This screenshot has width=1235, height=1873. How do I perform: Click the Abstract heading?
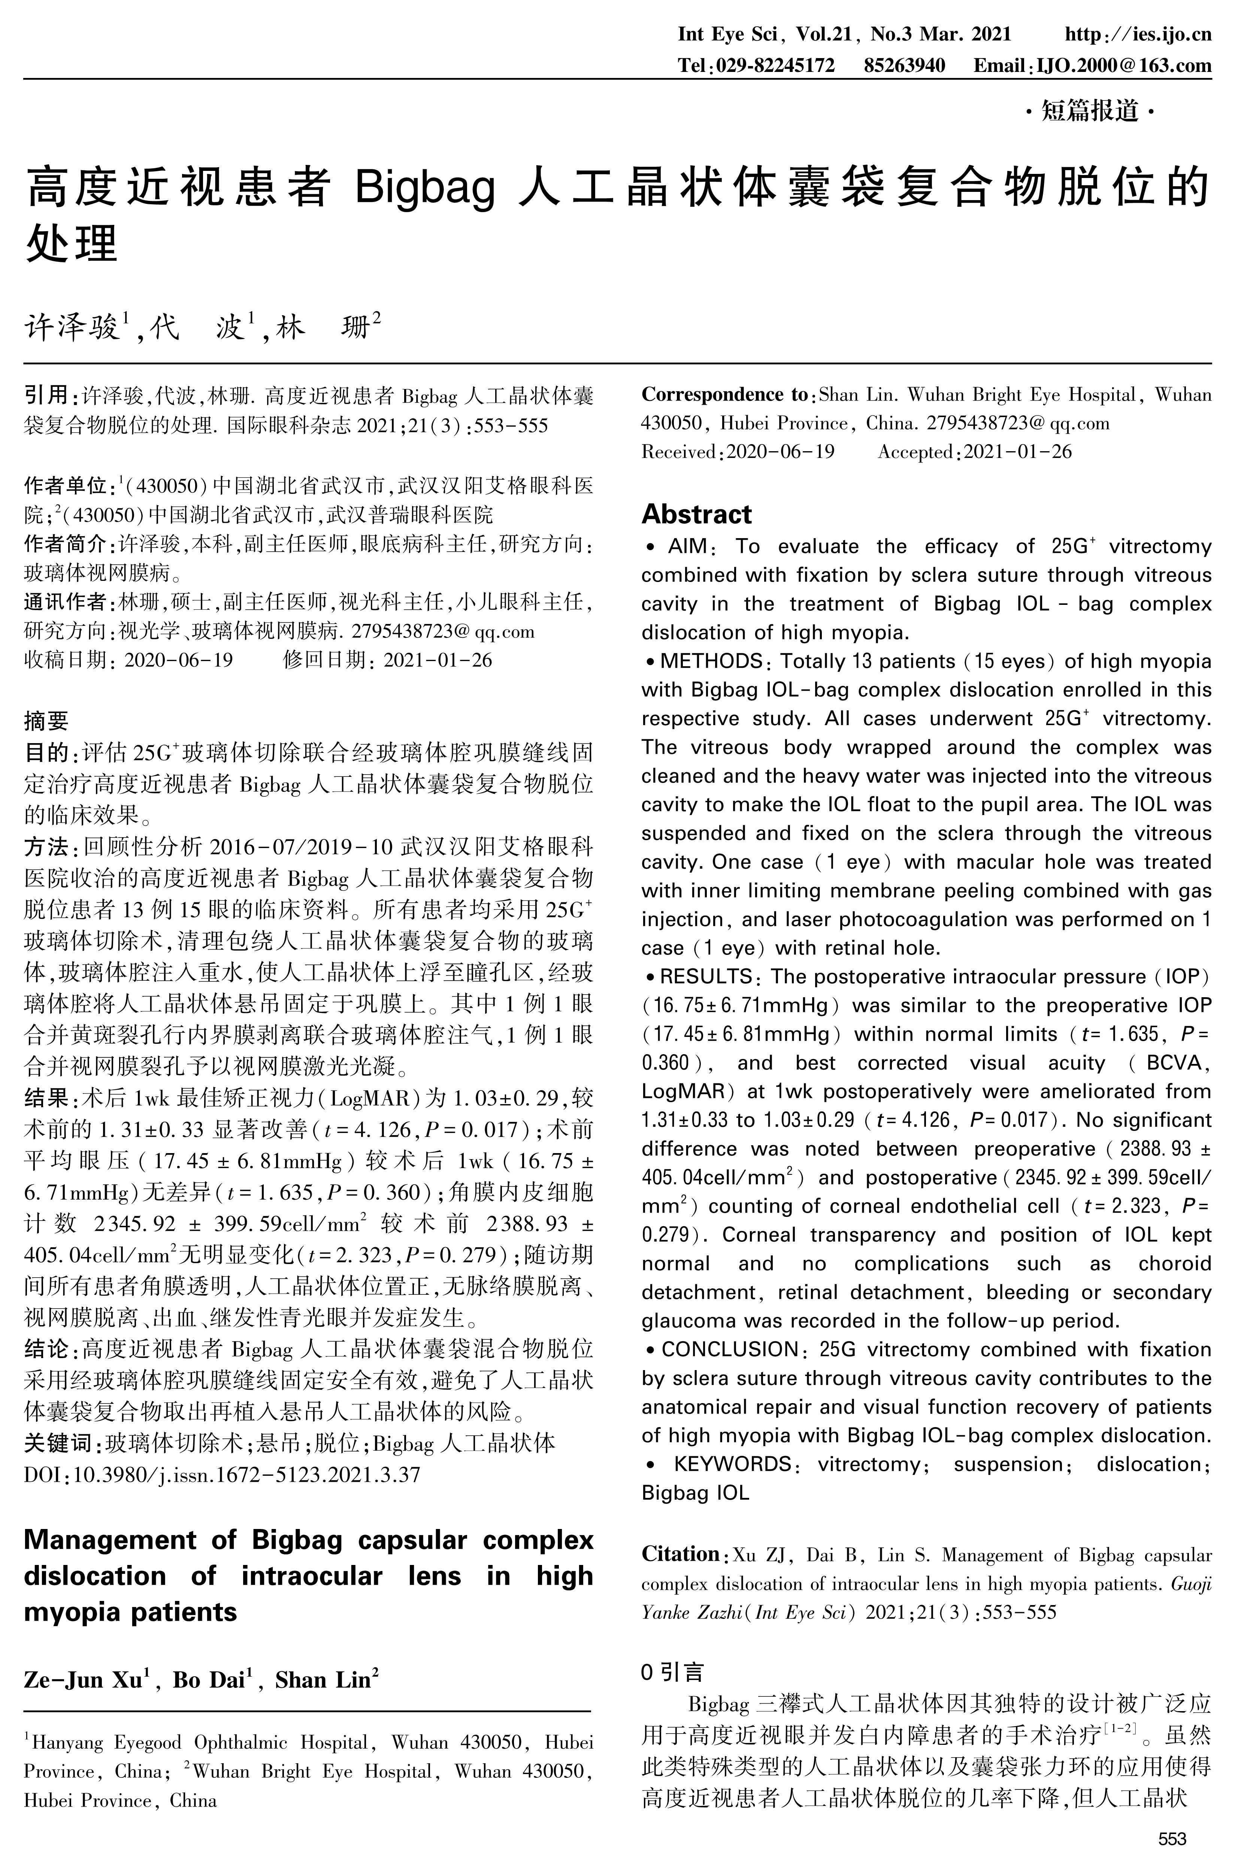(696, 515)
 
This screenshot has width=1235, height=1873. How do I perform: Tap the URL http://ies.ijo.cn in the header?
(1137, 35)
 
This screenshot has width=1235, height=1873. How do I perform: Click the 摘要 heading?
(46, 720)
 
